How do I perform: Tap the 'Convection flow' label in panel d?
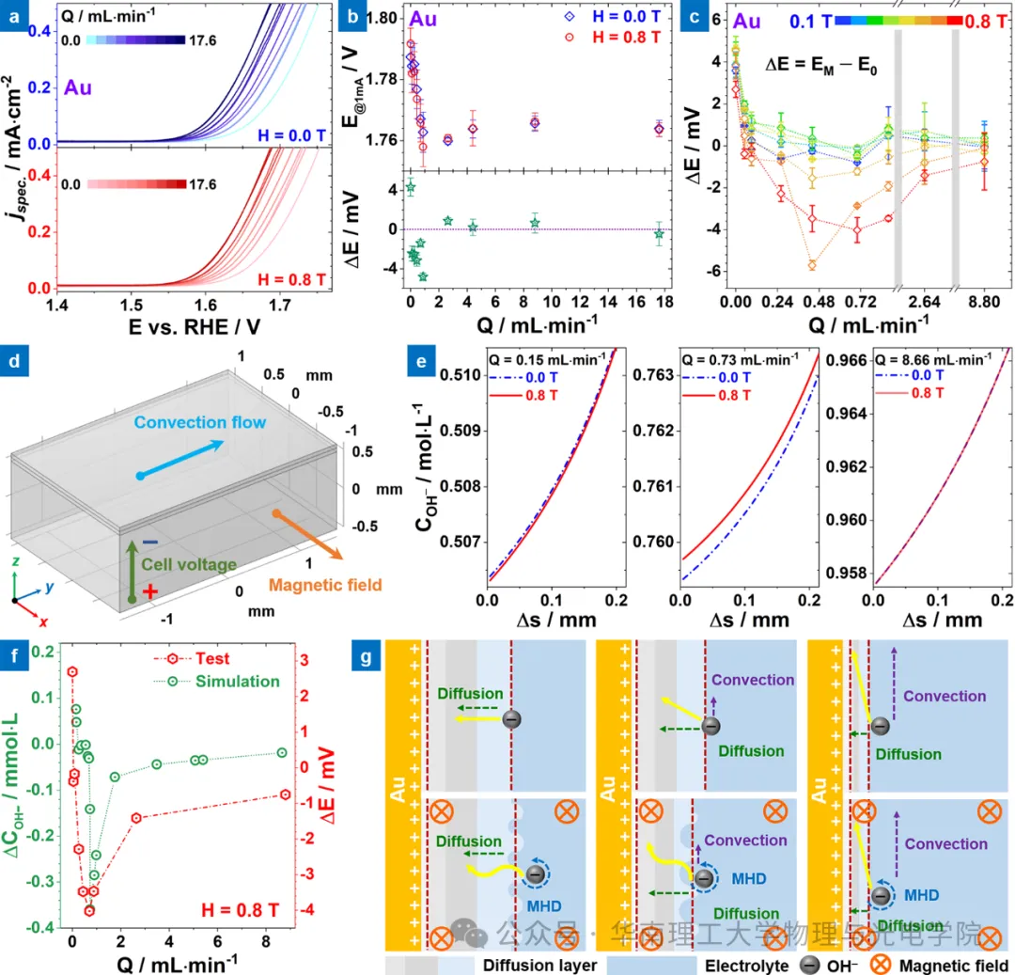(x=200, y=423)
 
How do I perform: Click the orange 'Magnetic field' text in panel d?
(x=325, y=585)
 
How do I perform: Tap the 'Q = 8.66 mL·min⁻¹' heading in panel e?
(x=932, y=358)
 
